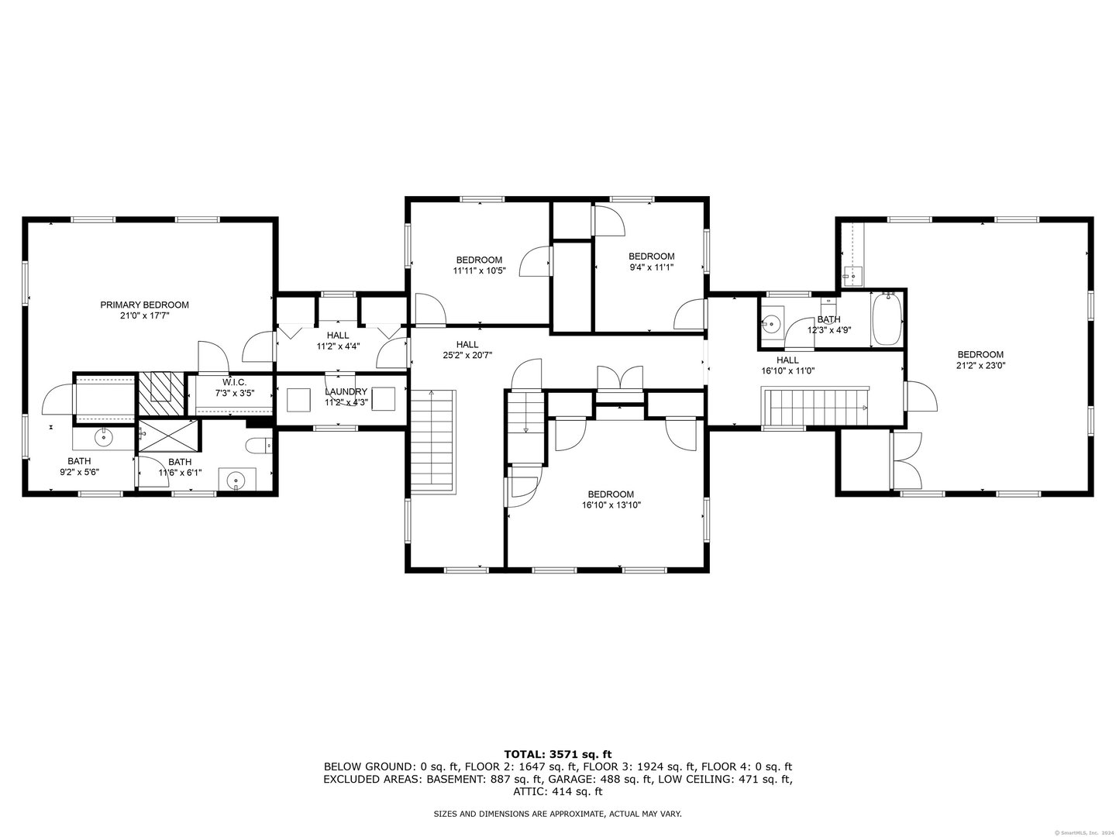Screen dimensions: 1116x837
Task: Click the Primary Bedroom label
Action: coord(144,305)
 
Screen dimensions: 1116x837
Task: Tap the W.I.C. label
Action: coord(234,381)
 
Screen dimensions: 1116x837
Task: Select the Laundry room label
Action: coord(346,392)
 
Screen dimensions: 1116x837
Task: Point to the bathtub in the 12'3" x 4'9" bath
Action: coord(887,319)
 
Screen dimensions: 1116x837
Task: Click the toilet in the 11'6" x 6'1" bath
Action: coord(259,446)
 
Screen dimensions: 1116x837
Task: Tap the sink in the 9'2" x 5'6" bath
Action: coord(104,436)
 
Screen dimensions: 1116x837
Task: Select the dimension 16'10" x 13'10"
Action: coord(611,505)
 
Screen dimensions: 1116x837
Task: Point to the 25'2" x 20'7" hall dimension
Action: coord(467,355)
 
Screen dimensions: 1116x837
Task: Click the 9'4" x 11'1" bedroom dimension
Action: coord(651,267)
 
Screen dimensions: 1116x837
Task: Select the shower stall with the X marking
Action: coord(170,435)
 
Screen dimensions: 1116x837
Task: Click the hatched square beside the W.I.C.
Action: coord(162,394)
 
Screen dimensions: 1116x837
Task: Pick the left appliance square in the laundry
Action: coord(298,399)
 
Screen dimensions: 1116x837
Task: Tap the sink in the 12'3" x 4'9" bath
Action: coord(773,322)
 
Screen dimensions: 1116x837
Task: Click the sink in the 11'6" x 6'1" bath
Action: coord(236,479)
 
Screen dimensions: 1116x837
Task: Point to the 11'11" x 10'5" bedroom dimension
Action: coord(480,271)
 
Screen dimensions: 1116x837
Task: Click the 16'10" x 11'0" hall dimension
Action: coord(787,371)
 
